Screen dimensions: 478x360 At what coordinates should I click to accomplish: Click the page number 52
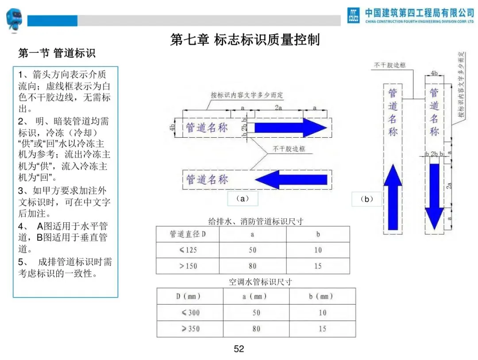pos(239,349)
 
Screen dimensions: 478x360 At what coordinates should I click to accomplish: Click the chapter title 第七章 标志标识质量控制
pos(245,40)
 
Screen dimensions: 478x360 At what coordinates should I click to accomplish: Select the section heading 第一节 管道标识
pos(57,54)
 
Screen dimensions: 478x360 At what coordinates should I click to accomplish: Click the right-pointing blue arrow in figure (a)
pos(290,128)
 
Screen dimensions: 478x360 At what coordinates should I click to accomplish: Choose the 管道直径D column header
pos(188,234)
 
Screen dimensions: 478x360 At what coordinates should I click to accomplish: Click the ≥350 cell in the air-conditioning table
pos(190,329)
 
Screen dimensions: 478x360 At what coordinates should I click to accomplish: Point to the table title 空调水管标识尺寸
pos(254,282)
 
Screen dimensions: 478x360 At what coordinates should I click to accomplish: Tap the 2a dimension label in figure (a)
pos(278,108)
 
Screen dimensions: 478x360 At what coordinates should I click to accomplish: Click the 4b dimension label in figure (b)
pos(434,73)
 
